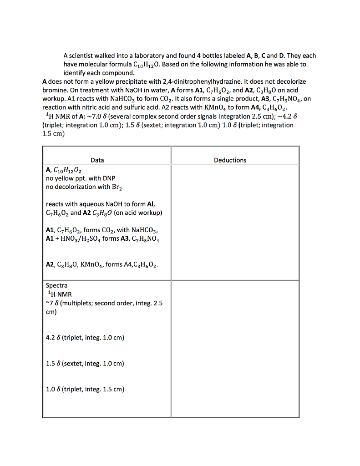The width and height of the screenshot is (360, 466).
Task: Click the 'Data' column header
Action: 97,160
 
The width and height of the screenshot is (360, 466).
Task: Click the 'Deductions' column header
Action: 230,160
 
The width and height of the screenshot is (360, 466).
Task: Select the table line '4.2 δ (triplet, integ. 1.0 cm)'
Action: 85,338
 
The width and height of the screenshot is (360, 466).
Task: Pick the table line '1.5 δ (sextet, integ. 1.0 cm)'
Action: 85,364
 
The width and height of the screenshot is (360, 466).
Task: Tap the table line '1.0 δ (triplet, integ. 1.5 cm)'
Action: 85,390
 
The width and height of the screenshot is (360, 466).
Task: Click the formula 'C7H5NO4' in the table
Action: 146,238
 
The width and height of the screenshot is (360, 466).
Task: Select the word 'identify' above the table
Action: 74,73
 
